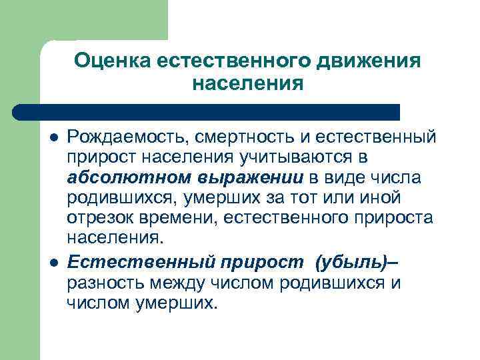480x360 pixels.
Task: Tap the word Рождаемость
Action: [125, 137]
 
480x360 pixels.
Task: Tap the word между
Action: [175, 283]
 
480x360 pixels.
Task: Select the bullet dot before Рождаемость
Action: [53, 137]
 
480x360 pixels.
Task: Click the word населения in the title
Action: [247, 84]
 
